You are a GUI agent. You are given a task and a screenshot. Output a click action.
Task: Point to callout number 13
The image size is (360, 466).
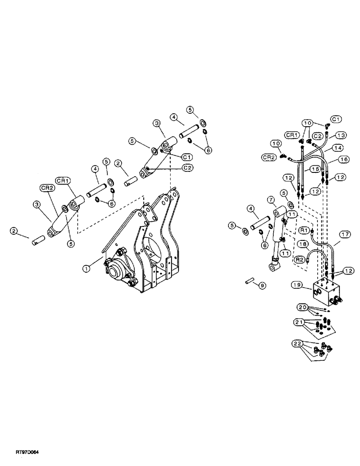(x=341, y=135)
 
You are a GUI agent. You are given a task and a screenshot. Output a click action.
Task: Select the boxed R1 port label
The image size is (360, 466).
(x=304, y=230)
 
